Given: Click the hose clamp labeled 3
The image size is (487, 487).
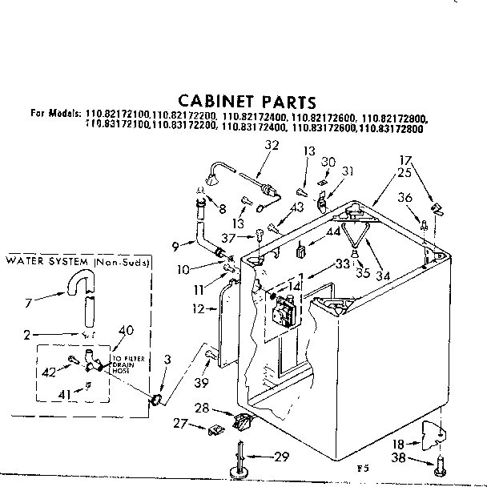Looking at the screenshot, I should (157, 396).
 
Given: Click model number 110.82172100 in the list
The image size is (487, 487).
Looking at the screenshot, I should (116, 116).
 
